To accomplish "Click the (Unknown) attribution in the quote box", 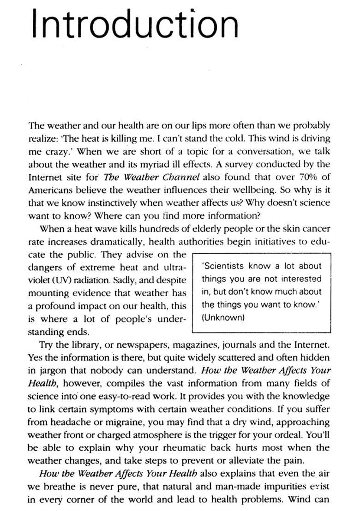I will pyautogui.click(x=223, y=318).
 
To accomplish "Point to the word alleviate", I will pyautogui.click(x=249, y=461).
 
